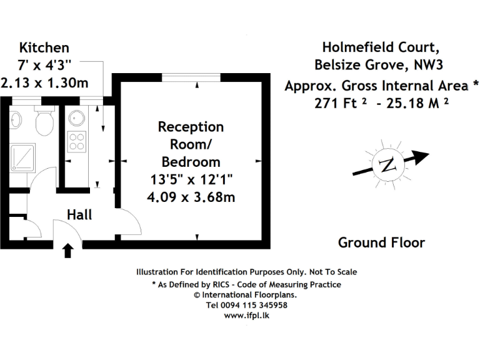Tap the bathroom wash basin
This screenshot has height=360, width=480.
pos(15,120)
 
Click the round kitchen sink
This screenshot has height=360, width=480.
pos(76,118)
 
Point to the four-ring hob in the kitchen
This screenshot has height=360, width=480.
pos(76,142)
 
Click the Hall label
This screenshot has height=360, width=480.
pos(79,214)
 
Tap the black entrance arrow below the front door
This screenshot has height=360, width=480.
pos(67,251)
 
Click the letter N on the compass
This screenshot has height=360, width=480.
pos(387,165)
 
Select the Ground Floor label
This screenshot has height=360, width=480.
pos(381,242)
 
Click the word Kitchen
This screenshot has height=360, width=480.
pos(44,47)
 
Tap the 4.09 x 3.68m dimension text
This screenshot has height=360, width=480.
pos(191,197)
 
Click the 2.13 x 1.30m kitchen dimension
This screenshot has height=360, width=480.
pos(44,83)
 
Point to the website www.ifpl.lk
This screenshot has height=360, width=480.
pos(246,316)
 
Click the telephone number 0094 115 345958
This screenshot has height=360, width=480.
pos(254,305)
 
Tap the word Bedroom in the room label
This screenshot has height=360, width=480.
pos(191,162)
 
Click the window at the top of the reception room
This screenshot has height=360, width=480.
pos(191,77)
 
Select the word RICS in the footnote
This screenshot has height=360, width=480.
pos(221,285)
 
